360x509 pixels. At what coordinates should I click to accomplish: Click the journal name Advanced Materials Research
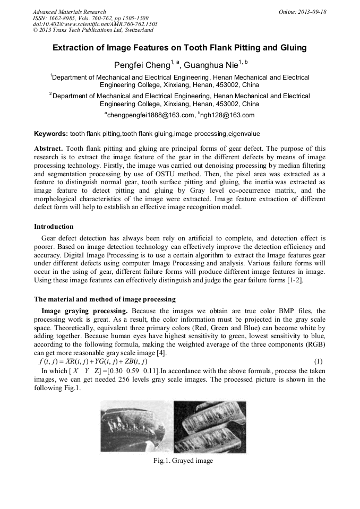69,12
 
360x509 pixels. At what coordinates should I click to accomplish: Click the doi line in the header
95,24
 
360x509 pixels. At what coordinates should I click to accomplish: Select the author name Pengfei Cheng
141,65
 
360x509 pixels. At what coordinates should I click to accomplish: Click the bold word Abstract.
48,149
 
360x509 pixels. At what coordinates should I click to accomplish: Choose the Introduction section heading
54,227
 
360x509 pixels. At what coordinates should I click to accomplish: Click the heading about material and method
105,299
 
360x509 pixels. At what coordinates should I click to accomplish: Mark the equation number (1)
319,362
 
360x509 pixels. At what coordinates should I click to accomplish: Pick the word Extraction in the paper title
73,48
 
